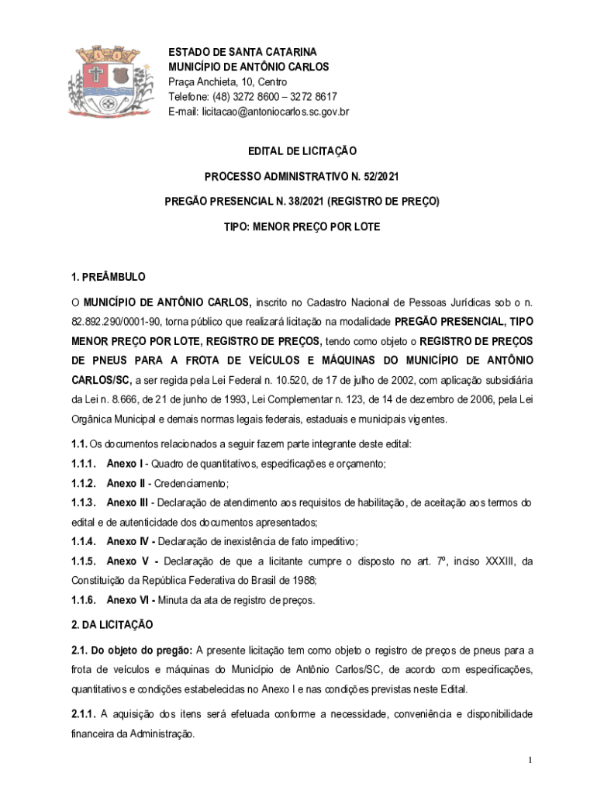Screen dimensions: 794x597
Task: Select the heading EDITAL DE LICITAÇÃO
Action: [302, 151]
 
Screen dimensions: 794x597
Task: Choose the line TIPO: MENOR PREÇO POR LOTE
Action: [302, 227]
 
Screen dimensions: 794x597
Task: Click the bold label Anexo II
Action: [126, 483]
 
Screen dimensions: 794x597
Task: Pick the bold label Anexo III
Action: [128, 502]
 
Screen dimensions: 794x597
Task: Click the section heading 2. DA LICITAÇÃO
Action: [112, 624]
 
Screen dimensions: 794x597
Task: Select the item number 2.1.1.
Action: [83, 713]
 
